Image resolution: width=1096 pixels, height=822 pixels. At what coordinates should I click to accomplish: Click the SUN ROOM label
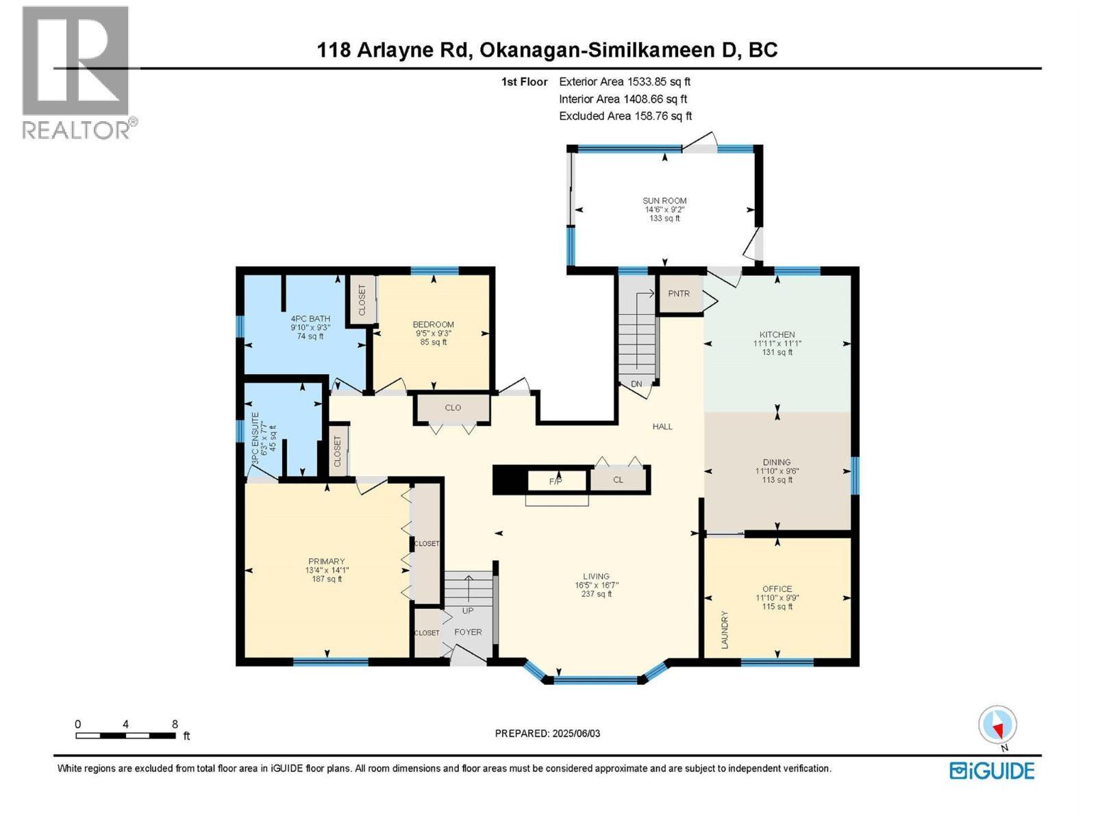click(664, 201)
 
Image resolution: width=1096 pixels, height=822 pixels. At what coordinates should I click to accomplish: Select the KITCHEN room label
click(777, 334)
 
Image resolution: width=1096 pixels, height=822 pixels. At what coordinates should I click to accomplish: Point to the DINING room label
click(776, 462)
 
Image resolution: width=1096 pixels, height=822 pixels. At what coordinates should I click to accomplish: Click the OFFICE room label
click(777, 589)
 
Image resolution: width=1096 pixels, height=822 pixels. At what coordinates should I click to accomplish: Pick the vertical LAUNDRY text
click(725, 630)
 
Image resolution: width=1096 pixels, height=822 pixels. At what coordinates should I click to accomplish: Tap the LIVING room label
click(596, 576)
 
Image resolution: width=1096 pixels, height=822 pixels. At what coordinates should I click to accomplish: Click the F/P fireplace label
click(556, 482)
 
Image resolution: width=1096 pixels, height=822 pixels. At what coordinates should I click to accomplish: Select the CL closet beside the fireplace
click(618, 480)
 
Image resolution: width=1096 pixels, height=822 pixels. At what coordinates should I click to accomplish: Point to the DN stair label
click(636, 384)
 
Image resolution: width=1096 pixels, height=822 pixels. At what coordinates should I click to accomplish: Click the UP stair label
click(468, 611)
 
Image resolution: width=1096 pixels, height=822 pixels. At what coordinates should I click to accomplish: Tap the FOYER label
click(468, 632)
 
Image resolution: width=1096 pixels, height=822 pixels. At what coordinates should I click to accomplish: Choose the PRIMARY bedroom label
click(327, 561)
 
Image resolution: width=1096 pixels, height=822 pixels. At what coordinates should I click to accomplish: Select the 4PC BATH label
click(310, 319)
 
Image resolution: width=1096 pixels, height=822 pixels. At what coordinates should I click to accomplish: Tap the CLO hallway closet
click(452, 408)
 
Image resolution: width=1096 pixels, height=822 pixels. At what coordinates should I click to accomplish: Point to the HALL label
click(662, 427)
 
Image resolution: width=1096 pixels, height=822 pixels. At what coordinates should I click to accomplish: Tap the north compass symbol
click(997, 725)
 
